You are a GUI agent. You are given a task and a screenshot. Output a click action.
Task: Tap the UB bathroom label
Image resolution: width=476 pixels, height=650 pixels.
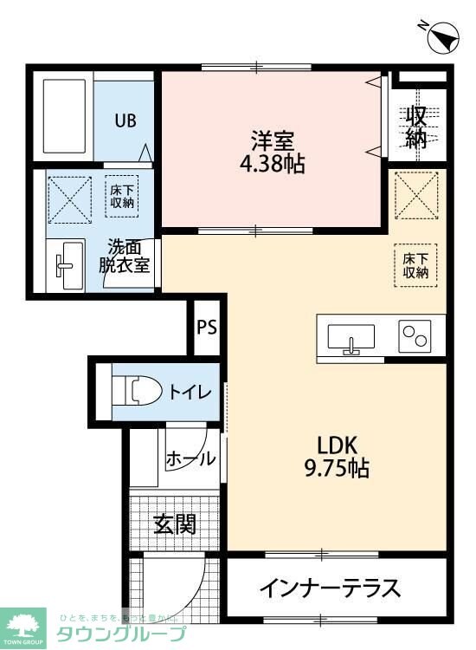(x=126, y=120)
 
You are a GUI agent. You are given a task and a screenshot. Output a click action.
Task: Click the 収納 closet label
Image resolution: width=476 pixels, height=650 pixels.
(x=418, y=127)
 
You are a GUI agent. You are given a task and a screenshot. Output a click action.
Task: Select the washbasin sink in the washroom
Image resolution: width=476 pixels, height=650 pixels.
(x=68, y=264)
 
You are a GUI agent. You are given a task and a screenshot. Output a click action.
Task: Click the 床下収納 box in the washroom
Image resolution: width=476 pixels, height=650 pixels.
(x=122, y=195)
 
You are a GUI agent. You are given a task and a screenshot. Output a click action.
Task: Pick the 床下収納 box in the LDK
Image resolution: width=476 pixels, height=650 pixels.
(x=416, y=264)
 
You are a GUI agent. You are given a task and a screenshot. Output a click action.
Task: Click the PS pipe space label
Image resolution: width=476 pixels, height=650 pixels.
(x=206, y=328)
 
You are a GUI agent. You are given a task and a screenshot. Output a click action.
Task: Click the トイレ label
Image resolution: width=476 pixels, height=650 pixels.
(x=190, y=392)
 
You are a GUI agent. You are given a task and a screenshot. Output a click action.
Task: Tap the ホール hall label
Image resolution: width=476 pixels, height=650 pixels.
(x=190, y=458)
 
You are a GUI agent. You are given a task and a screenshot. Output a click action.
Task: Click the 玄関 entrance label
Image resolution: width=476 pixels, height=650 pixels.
(x=175, y=523)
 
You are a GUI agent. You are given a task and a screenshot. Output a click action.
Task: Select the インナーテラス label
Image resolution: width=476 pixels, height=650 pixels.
(x=330, y=588)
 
